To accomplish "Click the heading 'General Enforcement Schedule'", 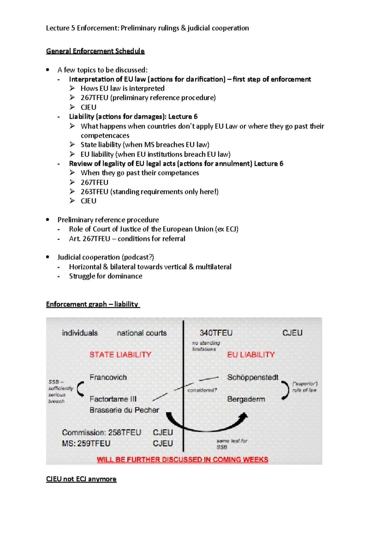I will coord(95,51).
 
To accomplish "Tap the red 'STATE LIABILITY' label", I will coord(120,355).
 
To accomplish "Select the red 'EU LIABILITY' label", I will coord(251,355).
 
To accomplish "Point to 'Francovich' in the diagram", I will coord(108,377).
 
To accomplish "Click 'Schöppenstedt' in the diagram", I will coord(252,377).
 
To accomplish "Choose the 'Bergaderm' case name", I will coord(246,399).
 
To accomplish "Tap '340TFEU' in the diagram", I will coord(216,333).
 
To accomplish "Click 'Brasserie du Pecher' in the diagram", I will coord(124,410).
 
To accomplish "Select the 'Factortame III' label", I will coord(113,399).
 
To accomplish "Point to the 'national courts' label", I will coord(142,333).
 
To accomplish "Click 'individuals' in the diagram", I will coord(80,333).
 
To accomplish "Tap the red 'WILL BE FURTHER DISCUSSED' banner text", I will coord(182,460).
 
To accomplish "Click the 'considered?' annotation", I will coord(202,390).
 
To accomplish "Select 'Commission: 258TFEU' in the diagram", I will coord(101,432).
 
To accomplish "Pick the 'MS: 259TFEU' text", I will coord(86,443).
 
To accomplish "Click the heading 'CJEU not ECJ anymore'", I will coord(81,479).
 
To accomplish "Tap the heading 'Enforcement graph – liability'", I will coord(92,304).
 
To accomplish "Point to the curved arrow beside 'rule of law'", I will coord(285,390).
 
